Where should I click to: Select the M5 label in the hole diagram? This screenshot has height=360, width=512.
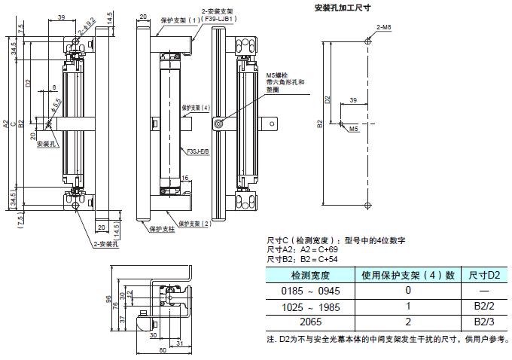coord(353,130)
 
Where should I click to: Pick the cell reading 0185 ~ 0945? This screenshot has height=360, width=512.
coord(305,290)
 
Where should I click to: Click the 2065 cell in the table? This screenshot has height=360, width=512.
coord(305,322)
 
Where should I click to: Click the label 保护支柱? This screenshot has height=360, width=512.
coord(162,228)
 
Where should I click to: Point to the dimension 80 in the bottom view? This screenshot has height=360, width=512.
coord(162,350)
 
